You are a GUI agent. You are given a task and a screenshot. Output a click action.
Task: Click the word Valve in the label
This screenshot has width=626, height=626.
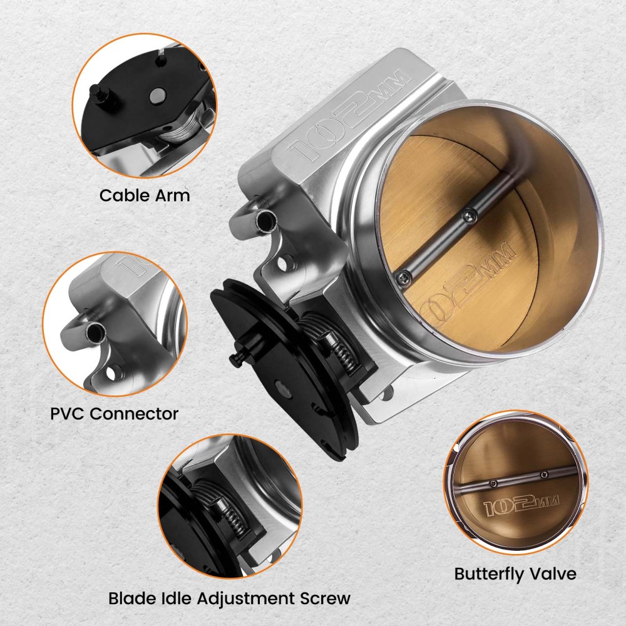click(552, 574)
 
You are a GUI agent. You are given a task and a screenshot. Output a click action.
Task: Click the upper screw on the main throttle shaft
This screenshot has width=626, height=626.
click(468, 215)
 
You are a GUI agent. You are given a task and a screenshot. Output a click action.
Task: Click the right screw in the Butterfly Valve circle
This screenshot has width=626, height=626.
click(545, 474)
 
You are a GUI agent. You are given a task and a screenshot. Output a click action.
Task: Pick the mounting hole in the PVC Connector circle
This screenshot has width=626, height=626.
click(110, 374)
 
